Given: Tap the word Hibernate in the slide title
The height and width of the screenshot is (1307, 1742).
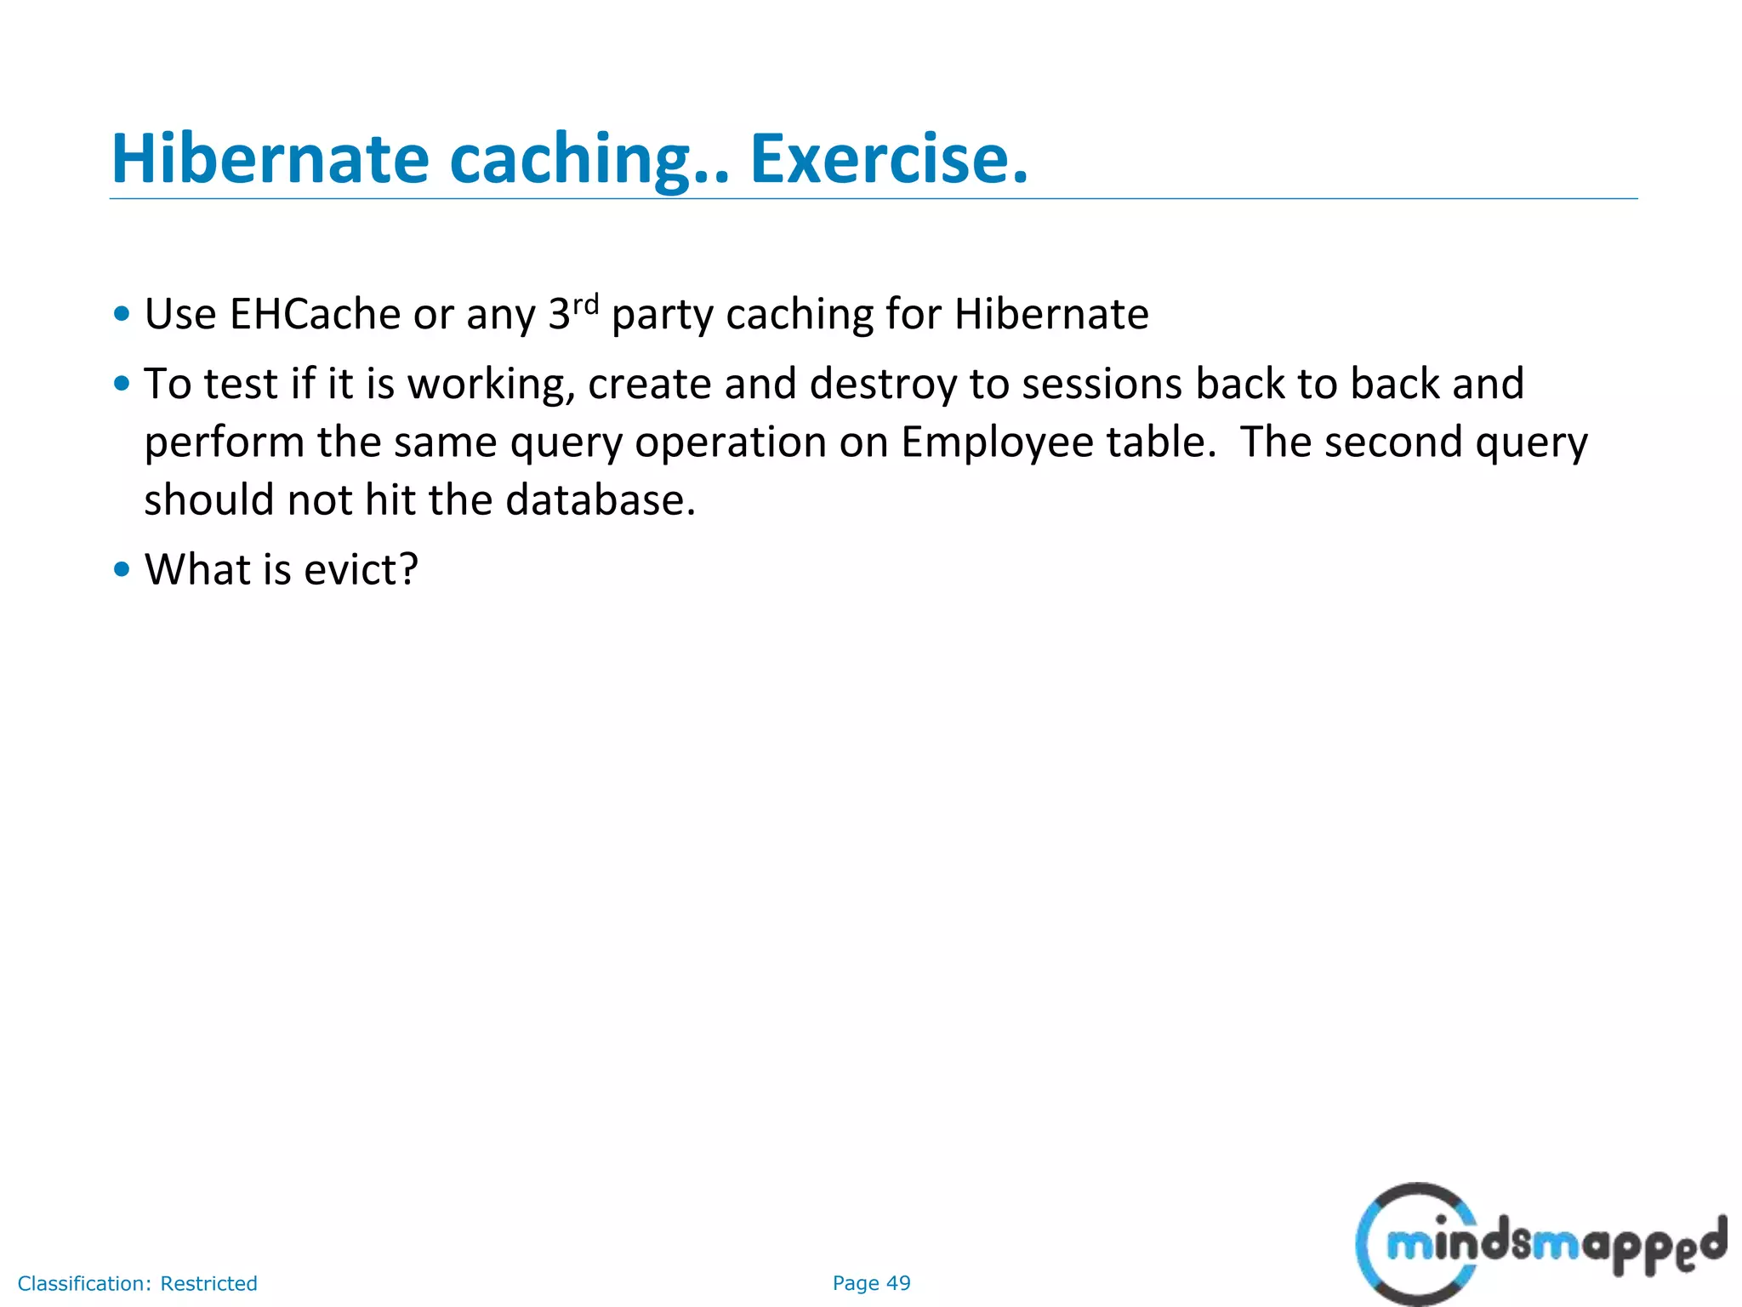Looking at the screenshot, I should pyautogui.click(x=270, y=159).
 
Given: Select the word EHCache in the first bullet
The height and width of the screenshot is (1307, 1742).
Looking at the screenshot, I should pyautogui.click(x=315, y=314).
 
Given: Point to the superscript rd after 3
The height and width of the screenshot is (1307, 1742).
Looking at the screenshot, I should pyautogui.click(x=585, y=304).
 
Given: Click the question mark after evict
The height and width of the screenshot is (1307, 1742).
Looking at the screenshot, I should pyautogui.click(x=408, y=569).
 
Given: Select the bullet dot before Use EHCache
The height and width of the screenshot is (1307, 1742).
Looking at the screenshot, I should pyautogui.click(x=122, y=314).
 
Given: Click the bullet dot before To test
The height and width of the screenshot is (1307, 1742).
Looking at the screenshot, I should pyautogui.click(x=122, y=384).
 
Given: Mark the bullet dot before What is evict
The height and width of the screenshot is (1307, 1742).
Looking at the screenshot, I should pyautogui.click(x=122, y=569).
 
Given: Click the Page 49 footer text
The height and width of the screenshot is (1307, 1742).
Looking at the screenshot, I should pyautogui.click(x=871, y=1283).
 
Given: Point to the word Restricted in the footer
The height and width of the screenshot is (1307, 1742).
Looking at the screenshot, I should pyautogui.click(x=208, y=1283).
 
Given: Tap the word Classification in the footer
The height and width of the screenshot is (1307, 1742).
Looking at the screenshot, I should pyautogui.click(x=84, y=1283).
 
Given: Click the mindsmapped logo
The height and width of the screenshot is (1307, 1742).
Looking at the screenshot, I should pyautogui.click(x=1540, y=1244).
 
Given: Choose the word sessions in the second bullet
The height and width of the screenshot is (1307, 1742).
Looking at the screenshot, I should pyautogui.click(x=1102, y=384).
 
